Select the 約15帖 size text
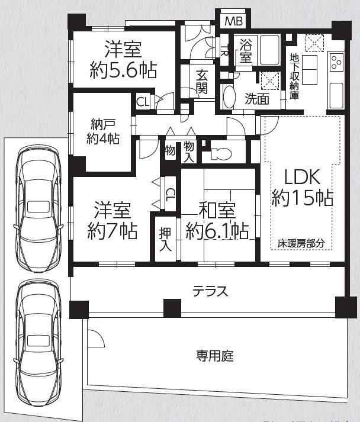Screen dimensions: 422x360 [x=302, y=198]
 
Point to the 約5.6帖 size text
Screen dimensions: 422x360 [x=123, y=70]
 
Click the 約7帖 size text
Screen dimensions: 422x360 [x=112, y=230]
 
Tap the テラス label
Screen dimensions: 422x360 [x=210, y=291]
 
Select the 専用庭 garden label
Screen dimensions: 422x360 [x=215, y=356]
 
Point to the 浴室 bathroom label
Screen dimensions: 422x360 [x=246, y=51]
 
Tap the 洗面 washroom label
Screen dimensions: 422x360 [x=257, y=99]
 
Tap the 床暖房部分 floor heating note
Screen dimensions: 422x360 [x=302, y=243]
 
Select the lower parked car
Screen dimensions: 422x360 [x=38, y=337]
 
